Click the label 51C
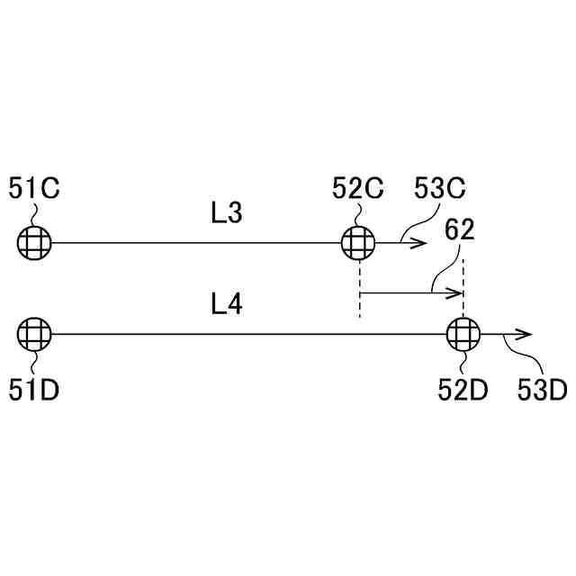coord(34,189)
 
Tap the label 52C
coord(358,189)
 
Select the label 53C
coord(439,189)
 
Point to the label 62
coord(459,231)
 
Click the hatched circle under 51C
coord(34,242)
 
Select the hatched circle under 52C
coord(359,242)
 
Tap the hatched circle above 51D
coord(34,334)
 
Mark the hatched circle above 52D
coord(463,334)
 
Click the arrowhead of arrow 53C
coord(420,242)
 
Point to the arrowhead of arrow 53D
coord(527,334)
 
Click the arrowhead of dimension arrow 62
coord(458,292)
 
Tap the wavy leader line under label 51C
coord(34,214)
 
